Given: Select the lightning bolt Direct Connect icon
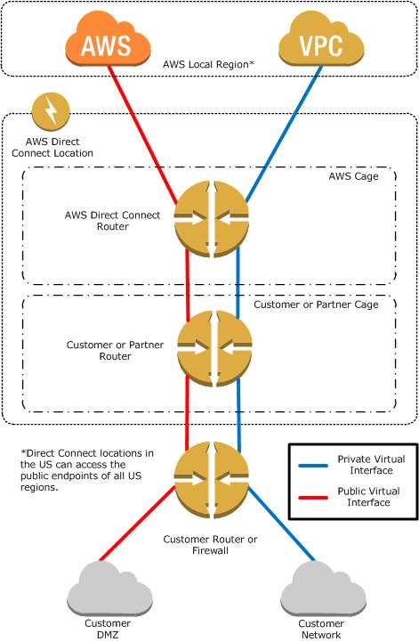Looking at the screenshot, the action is tap(51, 111).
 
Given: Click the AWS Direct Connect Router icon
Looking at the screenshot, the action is tap(212, 219).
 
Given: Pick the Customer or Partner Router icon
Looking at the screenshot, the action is tap(214, 349).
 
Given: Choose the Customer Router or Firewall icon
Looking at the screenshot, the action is tap(212, 480).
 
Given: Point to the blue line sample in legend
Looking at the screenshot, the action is tap(313, 466).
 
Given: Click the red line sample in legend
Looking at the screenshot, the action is tap(313, 498).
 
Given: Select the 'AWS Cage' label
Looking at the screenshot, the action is tap(353, 176).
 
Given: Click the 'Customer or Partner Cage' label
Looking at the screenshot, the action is tap(316, 305).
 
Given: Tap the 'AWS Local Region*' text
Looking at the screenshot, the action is tap(209, 64).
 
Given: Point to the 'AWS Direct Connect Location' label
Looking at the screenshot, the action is tap(52, 148).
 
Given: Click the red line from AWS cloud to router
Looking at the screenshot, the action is tap(142, 134).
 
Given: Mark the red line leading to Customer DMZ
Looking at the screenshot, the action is tap(138, 524).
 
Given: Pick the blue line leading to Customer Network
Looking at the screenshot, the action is tap(281, 524).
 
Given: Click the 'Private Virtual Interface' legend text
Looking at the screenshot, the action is tap(371, 465).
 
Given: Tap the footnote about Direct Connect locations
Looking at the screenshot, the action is tap(87, 470).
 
